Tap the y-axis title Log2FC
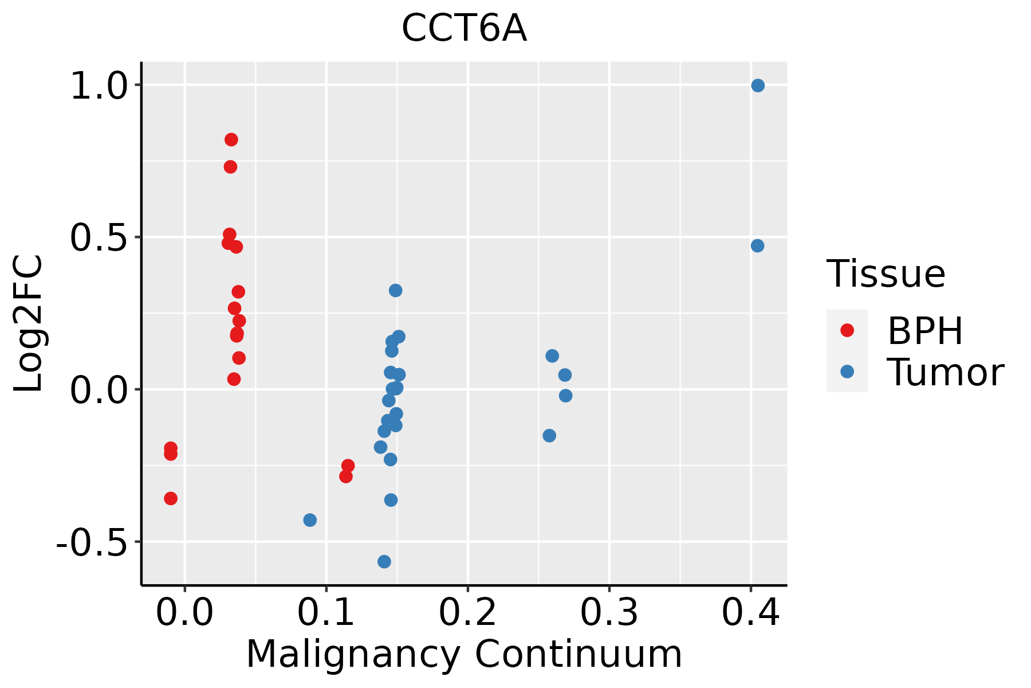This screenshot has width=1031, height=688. click(29, 323)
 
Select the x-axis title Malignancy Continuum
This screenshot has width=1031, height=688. click(464, 654)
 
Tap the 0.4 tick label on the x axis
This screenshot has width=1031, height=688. click(750, 613)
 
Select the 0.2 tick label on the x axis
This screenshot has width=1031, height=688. click(467, 613)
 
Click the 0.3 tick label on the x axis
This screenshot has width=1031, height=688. click(609, 613)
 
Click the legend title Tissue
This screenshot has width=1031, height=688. click(886, 273)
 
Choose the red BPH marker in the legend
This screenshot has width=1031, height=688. click(847, 330)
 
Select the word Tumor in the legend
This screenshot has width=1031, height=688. click(945, 373)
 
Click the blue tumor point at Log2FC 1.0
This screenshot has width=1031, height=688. click(758, 85)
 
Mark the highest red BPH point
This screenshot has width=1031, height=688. click(231, 139)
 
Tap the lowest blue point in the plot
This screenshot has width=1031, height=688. click(384, 561)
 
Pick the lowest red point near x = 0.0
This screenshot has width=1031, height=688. click(171, 498)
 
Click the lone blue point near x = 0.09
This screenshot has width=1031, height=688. click(310, 520)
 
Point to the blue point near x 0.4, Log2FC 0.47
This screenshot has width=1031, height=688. click(757, 246)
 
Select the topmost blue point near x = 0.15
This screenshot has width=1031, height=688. click(395, 291)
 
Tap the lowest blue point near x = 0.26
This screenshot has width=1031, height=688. click(549, 436)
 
